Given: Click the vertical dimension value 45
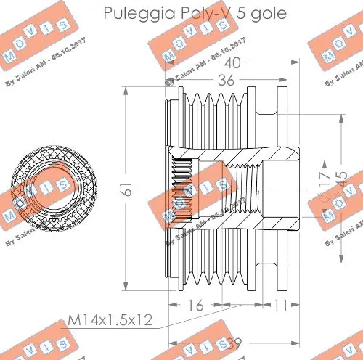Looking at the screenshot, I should [x=342, y=179].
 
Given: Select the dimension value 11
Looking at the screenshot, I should [x=282, y=306].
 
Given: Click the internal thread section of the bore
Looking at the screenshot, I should [x=232, y=187].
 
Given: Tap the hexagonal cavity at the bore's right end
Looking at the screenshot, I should [x=280, y=187].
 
